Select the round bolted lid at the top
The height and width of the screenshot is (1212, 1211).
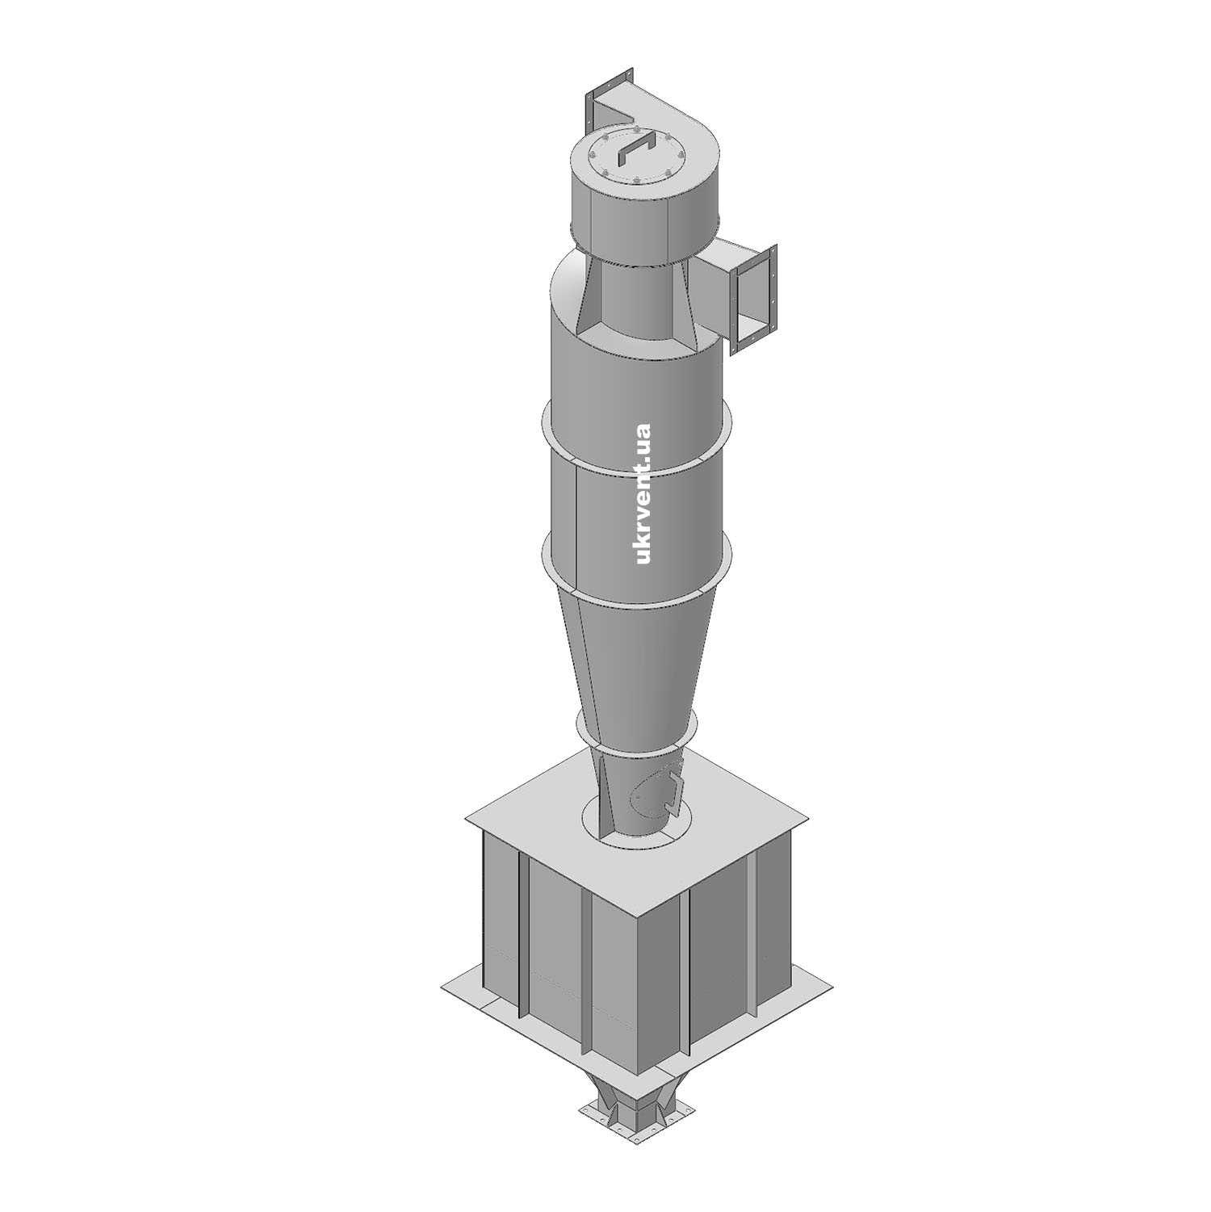(x=635, y=158)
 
